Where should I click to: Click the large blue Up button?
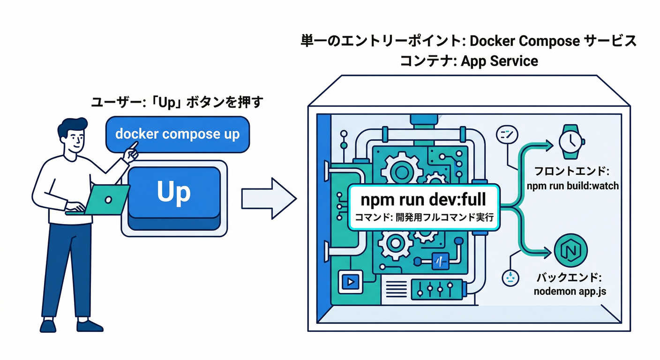click(174, 192)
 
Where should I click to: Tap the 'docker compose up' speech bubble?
click(177, 134)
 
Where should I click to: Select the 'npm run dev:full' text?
click(423, 200)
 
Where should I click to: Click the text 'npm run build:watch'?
click(572, 186)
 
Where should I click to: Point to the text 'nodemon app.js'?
click(570, 291)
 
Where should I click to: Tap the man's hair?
click(73, 125)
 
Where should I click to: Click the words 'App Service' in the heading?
click(500, 61)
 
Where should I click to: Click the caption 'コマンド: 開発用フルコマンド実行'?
click(423, 217)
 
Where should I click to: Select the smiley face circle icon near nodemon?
click(508, 277)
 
